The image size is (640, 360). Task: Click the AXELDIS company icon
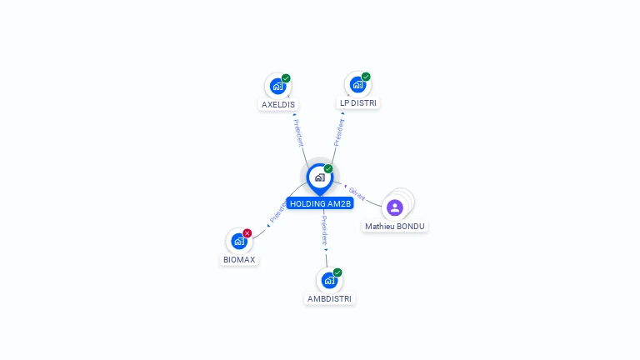point(277,86)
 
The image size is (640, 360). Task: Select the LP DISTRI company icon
point(357,85)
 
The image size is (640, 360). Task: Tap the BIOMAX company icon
point(239,242)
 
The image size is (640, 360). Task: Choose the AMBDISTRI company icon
point(329,280)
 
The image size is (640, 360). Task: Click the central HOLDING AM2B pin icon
point(319,177)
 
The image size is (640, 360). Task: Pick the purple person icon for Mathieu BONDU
point(395,207)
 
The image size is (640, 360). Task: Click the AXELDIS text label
point(278,105)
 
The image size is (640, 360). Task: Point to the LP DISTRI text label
point(358,103)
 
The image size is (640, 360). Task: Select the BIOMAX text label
point(239,260)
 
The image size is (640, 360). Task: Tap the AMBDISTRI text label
point(329,298)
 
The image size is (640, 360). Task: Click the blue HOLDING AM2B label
point(321,203)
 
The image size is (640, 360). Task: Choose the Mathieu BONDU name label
point(395,226)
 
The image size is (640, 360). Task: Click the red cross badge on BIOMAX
point(247,233)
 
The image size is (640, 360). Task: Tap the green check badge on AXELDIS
point(286,78)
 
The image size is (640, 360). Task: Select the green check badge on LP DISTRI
point(366,77)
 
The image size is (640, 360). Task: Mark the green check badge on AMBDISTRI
point(337,272)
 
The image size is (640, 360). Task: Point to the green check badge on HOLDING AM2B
point(328,169)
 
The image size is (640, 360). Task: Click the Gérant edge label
point(357,193)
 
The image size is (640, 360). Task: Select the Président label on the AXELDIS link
point(298,132)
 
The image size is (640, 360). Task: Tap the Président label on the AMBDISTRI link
point(325,230)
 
